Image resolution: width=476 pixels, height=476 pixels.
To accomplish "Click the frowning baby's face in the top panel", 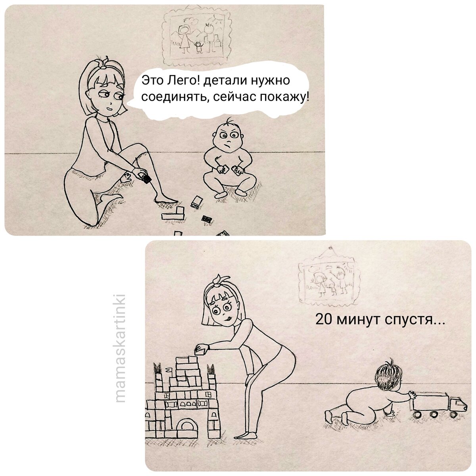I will [226, 138].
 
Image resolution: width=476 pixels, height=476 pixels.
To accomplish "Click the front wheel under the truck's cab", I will [452, 415].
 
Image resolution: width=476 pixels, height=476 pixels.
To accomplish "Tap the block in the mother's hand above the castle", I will [201, 349].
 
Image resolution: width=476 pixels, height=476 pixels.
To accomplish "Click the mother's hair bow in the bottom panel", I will [217, 280].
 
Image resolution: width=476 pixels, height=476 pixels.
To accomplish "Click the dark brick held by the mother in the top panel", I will [147, 179].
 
